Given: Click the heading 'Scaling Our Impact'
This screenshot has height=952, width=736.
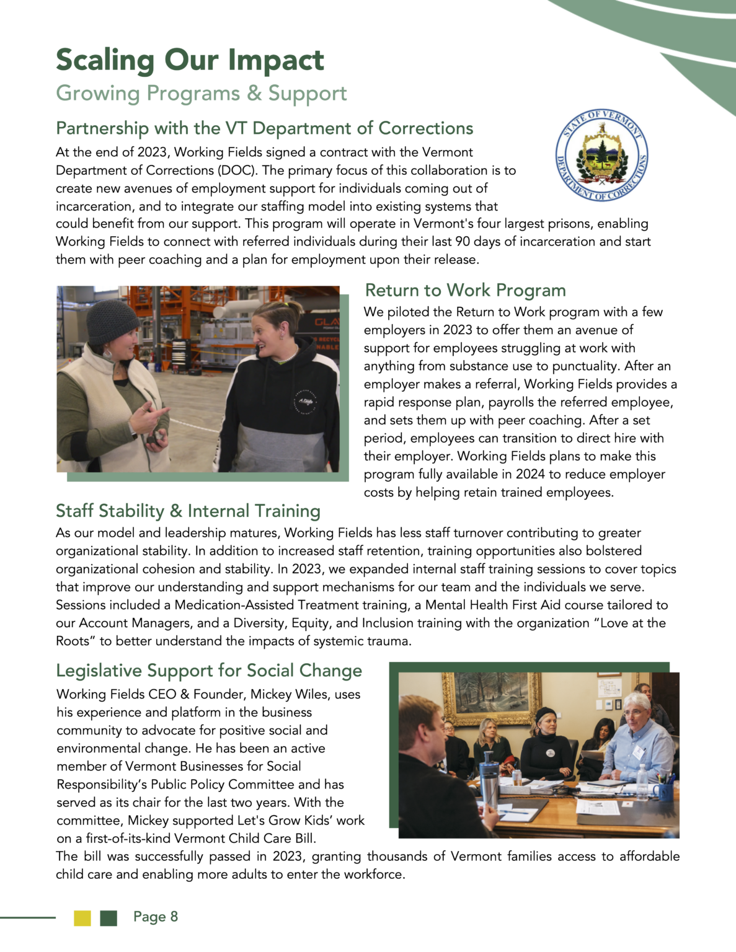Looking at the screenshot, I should coord(190,60).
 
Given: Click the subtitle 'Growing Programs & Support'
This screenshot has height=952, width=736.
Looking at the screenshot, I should coord(201,94).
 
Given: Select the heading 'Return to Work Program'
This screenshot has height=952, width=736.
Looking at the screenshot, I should coord(465,290).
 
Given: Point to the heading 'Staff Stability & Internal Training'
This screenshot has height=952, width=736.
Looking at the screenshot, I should coord(188,511).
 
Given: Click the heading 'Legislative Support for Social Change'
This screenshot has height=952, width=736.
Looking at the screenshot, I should coord(209,671).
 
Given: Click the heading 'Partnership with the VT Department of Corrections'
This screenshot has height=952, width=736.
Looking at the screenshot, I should coord(264,128).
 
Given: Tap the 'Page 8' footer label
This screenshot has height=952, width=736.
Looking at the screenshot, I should coord(156,917).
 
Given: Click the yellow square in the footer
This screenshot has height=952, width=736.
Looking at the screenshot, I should coord(82,918).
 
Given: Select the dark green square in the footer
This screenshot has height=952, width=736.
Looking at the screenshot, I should coord(109,918).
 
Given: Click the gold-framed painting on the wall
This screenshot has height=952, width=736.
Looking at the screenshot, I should coord(493,697).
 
